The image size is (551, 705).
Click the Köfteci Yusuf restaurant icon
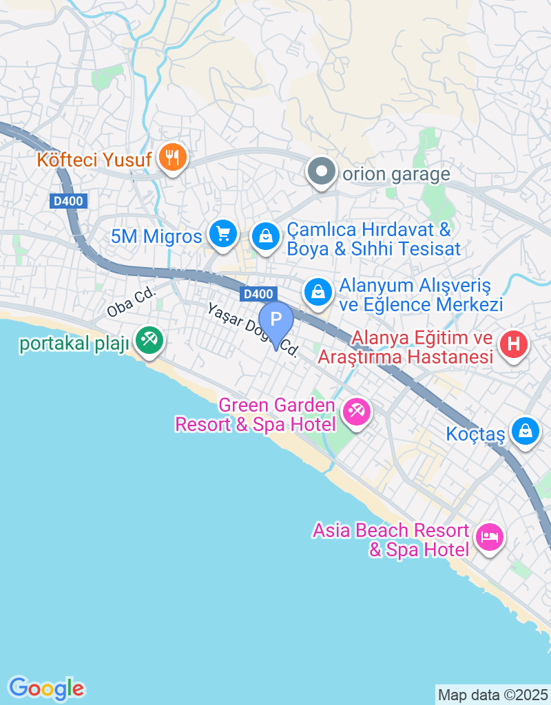click(x=169, y=158)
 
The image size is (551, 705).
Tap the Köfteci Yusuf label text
click(x=94, y=160)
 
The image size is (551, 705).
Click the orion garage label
click(x=396, y=174)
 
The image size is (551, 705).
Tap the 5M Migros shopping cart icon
click(x=222, y=235)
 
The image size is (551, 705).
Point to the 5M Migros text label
click(x=156, y=237)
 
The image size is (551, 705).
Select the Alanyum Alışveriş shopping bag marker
click(x=318, y=292)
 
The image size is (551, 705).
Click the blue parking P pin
click(x=276, y=321)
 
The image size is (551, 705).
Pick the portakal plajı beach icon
click(x=147, y=338)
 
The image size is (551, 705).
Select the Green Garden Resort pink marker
click(x=356, y=412)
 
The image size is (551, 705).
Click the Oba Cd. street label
click(x=132, y=302)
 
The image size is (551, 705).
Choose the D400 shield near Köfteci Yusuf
click(x=61, y=201)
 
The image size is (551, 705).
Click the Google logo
click(x=46, y=688)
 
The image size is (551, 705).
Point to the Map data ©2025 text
click(x=493, y=695)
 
